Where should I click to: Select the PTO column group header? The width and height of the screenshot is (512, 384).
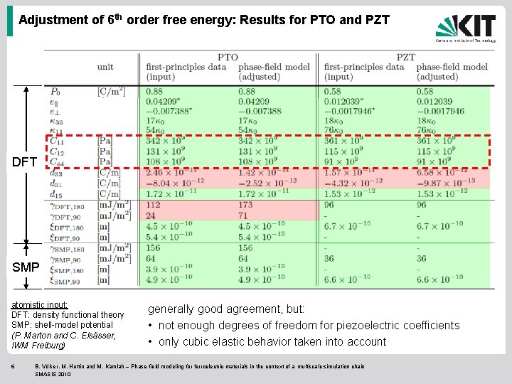[228, 57]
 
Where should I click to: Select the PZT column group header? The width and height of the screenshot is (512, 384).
[405, 57]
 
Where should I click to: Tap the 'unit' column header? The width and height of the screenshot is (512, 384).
[105, 67]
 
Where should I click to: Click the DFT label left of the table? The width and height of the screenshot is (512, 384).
[24, 162]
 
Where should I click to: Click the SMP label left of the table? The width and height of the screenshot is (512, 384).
[25, 267]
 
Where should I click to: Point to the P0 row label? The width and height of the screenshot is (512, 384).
[55, 91]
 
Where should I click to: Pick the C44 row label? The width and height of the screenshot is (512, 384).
[56, 161]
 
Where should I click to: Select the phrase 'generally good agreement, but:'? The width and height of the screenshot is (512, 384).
[225, 309]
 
